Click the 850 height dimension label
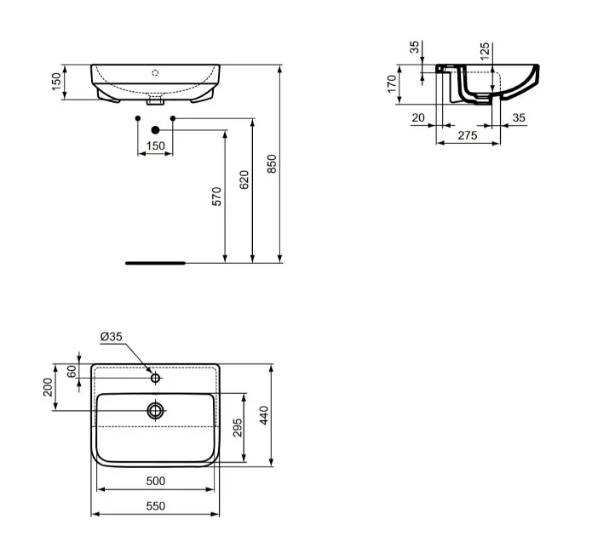pos(272,163)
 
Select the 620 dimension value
pos(244,180)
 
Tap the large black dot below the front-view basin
pos(155,129)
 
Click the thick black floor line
pos(154,264)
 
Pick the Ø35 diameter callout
pos(112,337)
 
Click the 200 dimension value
pos(49,388)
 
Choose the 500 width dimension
pos(154,481)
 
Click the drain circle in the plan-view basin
pos(155,411)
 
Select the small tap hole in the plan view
pos(155,377)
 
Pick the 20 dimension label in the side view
pos(418,118)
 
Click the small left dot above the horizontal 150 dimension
pos(138,117)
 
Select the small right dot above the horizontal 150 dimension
pos(172,117)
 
